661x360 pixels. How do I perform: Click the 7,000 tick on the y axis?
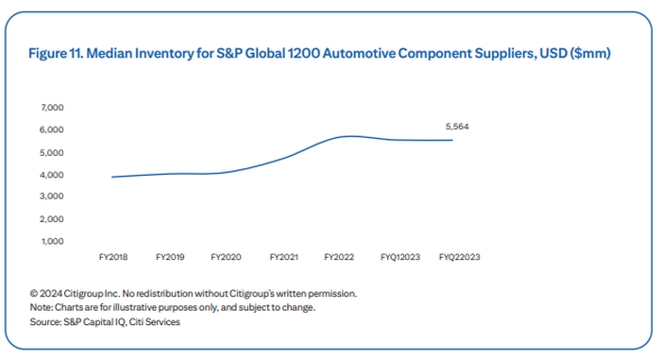click(x=52, y=108)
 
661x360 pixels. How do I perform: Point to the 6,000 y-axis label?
click(x=52, y=130)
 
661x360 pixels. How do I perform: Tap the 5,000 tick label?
click(x=52, y=153)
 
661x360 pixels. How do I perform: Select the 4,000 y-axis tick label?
click(x=52, y=175)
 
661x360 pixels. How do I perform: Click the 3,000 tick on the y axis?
click(x=52, y=197)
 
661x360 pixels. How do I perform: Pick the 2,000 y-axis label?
click(x=52, y=219)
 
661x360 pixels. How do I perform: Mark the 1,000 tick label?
click(x=53, y=241)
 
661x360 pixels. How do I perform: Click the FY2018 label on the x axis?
click(x=113, y=257)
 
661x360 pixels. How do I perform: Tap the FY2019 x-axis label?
click(x=170, y=257)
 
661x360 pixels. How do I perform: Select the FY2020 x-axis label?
click(x=227, y=257)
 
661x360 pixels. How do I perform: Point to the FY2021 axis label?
click(x=284, y=257)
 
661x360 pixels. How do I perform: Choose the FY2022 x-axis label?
click(x=339, y=257)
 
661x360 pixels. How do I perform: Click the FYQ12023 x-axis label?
click(x=400, y=257)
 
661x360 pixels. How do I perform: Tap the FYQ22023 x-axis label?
click(x=460, y=257)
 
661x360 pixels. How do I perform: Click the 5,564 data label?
click(x=457, y=127)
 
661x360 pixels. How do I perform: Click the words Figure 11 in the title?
click(x=56, y=54)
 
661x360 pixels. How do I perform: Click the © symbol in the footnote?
click(x=34, y=294)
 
